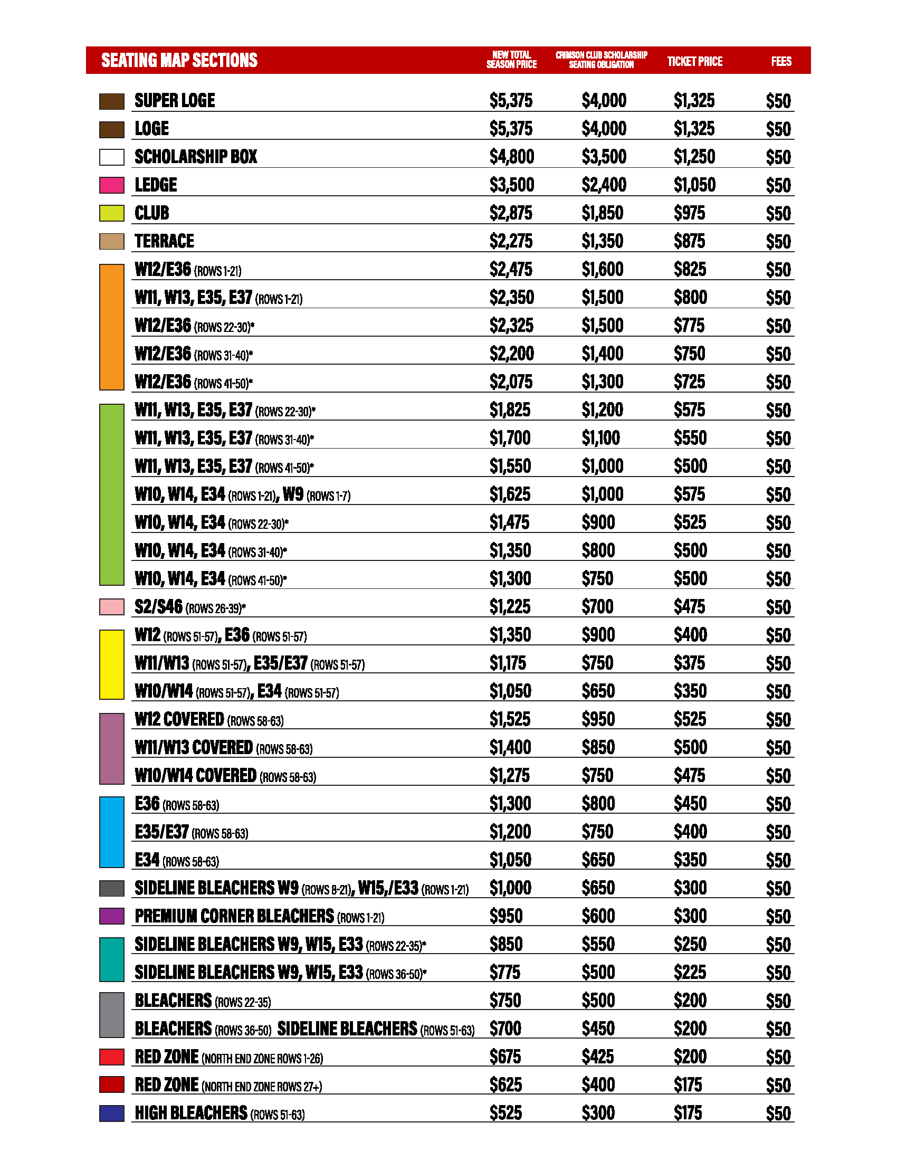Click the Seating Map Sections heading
click(x=179, y=60)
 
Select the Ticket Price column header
click(x=694, y=61)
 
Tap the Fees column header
click(x=780, y=61)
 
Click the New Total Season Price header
click(x=511, y=60)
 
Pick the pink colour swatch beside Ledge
click(x=111, y=185)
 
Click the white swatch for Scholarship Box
click(x=111, y=157)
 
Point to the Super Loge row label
click(x=175, y=100)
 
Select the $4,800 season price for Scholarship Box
click(x=511, y=157)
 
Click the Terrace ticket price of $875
click(x=689, y=241)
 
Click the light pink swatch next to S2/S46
click(x=111, y=607)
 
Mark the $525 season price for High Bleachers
click(x=505, y=1113)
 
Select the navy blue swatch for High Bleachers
click(x=111, y=1113)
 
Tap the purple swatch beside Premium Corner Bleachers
click(x=111, y=917)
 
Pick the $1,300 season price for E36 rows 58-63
click(x=510, y=804)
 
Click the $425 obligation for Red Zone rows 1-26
click(x=597, y=1057)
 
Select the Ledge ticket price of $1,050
click(x=694, y=185)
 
